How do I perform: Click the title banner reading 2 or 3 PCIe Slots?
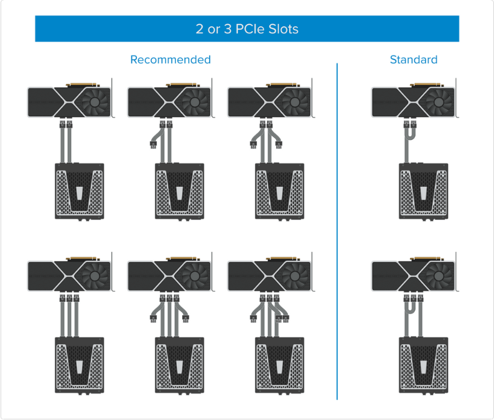tap(247, 29)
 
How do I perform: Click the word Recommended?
tap(171, 60)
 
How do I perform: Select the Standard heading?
tap(413, 60)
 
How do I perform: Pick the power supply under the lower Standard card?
tap(423, 365)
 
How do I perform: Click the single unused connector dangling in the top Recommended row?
tap(153, 145)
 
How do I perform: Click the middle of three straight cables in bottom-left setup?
tap(69, 316)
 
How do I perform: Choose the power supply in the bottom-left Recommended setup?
tap(79, 365)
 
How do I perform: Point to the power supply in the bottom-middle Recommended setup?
tap(179, 365)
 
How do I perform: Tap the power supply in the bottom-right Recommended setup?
tap(279, 365)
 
